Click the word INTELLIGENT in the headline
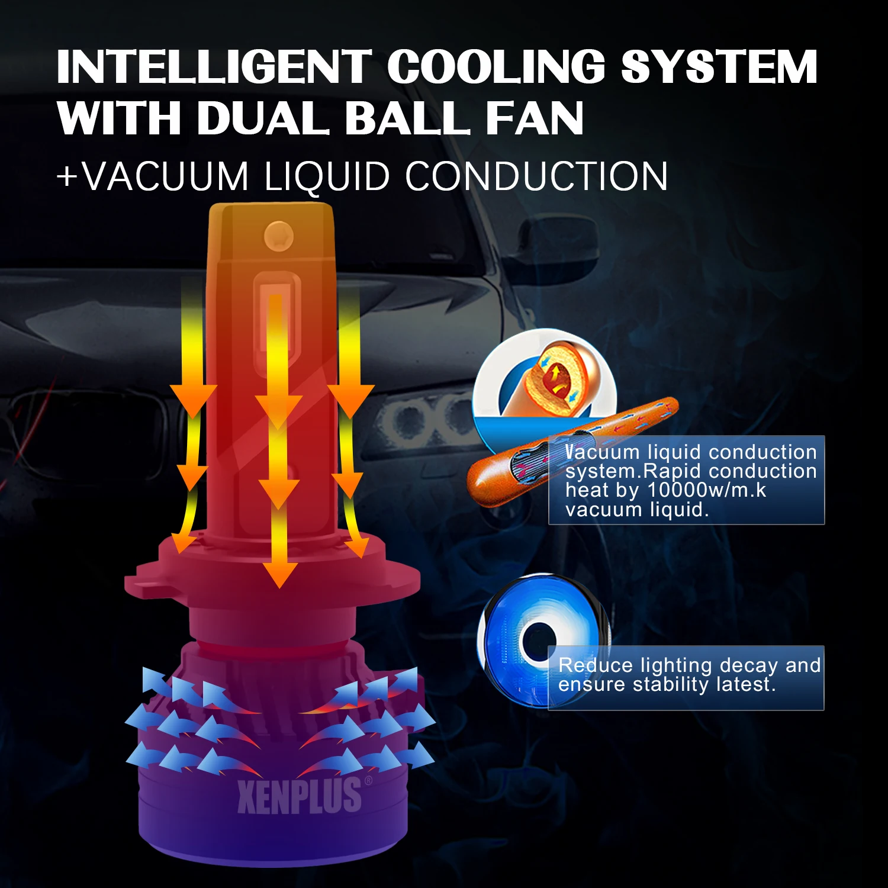[213, 66]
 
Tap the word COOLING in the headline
[496, 66]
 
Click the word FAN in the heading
[534, 118]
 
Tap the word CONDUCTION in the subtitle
[536, 176]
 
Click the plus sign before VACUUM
[67, 176]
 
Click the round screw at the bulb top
[278, 234]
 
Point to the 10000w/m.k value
[707, 490]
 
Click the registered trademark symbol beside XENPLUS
[369, 781]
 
